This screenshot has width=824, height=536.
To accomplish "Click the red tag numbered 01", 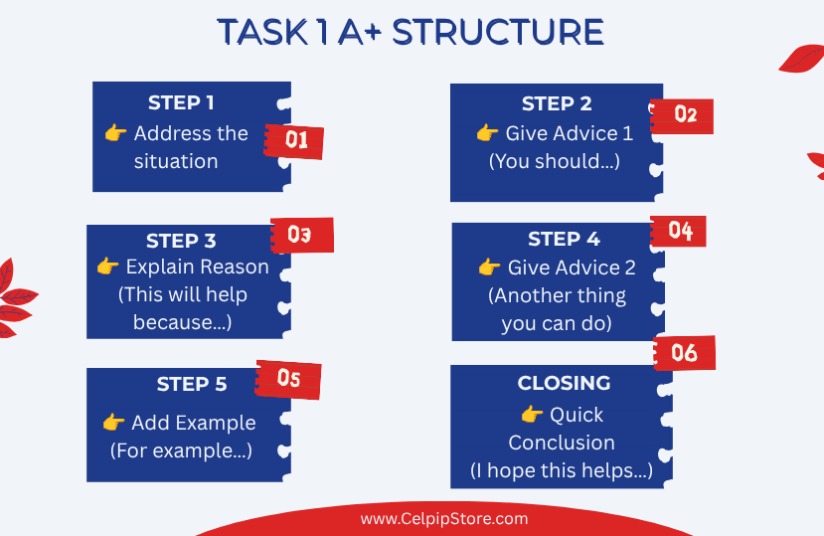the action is click(x=294, y=141).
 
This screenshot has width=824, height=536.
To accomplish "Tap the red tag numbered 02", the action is click(x=682, y=115).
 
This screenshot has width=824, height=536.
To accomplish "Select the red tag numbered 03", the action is click(x=302, y=235).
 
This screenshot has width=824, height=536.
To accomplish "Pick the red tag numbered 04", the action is click(x=678, y=231).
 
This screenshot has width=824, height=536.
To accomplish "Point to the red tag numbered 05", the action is click(x=288, y=379).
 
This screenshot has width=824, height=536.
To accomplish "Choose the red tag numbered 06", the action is click(x=684, y=353).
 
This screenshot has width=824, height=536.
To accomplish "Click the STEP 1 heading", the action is click(x=181, y=102).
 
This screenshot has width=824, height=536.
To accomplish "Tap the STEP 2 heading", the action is click(x=557, y=103).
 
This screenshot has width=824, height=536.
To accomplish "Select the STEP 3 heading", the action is click(x=181, y=241).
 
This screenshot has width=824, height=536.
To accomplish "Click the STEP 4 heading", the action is click(x=564, y=239).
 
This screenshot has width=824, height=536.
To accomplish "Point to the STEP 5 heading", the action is click(x=191, y=384).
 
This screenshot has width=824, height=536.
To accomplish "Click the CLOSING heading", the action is click(x=564, y=383).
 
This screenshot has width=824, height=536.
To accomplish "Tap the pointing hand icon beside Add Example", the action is click(x=113, y=422).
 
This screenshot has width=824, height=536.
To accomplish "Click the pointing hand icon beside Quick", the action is click(x=532, y=414).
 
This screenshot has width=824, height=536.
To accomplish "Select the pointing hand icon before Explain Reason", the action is click(x=107, y=267).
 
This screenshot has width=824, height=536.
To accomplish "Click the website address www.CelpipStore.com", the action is click(x=444, y=519).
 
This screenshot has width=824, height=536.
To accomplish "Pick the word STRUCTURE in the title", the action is click(x=498, y=32).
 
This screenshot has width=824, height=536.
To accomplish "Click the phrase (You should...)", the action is click(x=555, y=161).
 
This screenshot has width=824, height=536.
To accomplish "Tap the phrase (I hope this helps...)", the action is click(x=562, y=470).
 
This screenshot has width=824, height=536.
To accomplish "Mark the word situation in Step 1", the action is click(x=176, y=161).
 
